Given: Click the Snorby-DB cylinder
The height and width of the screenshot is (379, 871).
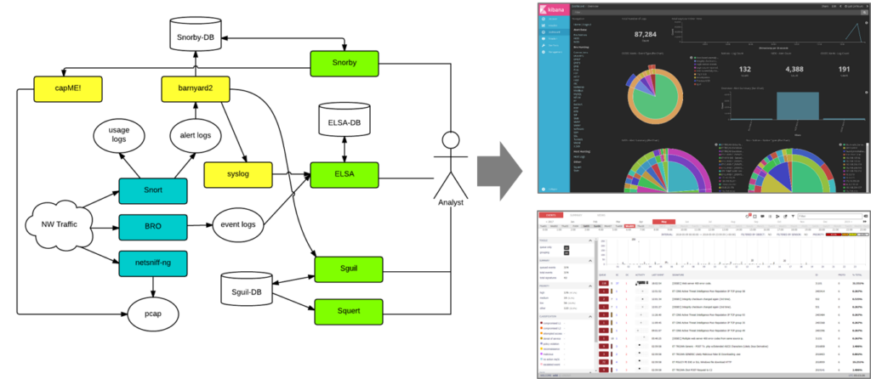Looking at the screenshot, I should (x=196, y=35).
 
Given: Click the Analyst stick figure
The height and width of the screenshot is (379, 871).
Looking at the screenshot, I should (x=451, y=161).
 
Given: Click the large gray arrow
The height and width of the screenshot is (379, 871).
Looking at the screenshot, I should (x=503, y=161).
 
